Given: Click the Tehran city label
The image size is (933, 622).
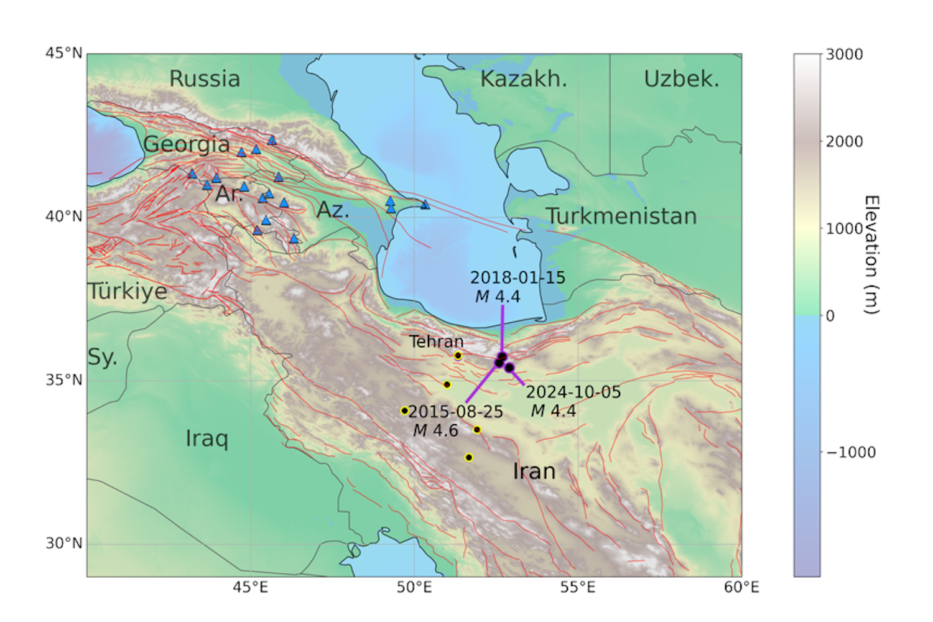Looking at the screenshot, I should point(436,341).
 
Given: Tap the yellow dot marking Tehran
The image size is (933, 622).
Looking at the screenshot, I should point(458,356).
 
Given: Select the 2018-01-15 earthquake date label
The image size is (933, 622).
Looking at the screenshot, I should point(518,277).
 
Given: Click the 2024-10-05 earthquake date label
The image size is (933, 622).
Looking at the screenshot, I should point(573,392).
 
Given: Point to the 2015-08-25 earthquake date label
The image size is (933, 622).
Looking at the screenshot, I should point(455,412).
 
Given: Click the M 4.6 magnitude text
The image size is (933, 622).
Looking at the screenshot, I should point(435,430).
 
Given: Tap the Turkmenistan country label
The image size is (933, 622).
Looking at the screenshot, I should point(621,216).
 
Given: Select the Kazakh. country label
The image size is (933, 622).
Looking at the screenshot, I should point(523,79).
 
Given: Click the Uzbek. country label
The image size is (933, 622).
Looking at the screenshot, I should point(681,79).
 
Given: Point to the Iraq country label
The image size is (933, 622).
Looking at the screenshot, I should point(207,439).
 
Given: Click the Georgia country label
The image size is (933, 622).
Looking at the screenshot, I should point(187,144).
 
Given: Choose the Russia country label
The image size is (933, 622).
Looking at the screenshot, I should point(205,79).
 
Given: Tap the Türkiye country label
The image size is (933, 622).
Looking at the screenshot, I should point(128,291).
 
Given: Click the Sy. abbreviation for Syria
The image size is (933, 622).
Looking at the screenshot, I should point(102,357).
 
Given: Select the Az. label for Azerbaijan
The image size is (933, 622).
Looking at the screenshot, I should point(333,210).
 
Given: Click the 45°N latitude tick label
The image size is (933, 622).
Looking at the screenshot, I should point(63,53).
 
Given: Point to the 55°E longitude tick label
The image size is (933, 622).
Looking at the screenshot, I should point(578,587).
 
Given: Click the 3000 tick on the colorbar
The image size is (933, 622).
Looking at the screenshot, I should point(844,55).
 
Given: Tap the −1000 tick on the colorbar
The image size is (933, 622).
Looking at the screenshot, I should point(850,452).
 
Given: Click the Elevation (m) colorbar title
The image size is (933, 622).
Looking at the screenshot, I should point(871,254).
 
